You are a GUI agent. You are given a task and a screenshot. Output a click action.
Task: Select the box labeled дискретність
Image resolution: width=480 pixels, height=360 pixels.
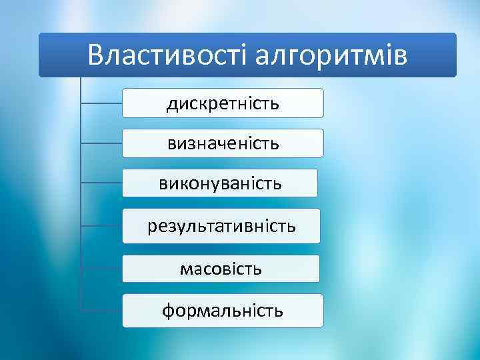coord(223,103)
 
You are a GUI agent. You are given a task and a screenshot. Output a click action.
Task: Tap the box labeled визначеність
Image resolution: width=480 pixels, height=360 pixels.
coord(223,143)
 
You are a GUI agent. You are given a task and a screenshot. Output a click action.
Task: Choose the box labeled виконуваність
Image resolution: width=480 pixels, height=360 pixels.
coord(220,183)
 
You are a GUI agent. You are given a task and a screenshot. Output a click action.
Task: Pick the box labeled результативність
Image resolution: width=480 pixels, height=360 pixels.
coord(221,226)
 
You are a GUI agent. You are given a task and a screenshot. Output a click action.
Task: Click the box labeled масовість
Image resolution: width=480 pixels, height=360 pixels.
coord(221,269)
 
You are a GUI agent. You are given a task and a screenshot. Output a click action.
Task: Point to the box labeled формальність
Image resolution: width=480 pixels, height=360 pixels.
coord(223,310)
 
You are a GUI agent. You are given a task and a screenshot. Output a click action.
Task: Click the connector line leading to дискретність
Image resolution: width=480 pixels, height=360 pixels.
coord(101,103)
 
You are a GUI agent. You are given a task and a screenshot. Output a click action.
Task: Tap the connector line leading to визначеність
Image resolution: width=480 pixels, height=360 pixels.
coord(101,143)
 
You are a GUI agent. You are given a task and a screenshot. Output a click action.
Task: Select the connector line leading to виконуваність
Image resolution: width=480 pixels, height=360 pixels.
coord(101,182)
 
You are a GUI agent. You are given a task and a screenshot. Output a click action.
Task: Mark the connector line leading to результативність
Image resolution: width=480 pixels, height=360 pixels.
coord(101,226)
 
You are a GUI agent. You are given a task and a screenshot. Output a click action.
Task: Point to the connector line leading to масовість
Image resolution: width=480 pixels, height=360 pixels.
coord(101,269)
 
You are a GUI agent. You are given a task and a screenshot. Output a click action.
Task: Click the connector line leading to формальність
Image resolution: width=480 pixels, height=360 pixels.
coord(101,310)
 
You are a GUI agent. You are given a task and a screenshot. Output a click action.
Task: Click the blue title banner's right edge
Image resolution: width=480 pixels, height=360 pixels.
coord(455,55)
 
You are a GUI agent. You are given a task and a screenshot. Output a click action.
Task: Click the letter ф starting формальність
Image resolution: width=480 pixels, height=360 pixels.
coord(168,311)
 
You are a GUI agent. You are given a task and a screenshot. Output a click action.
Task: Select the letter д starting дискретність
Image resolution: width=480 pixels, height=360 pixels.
coord(172,105)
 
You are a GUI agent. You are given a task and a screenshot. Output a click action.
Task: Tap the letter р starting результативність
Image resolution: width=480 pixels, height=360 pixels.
coord(152,227)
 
